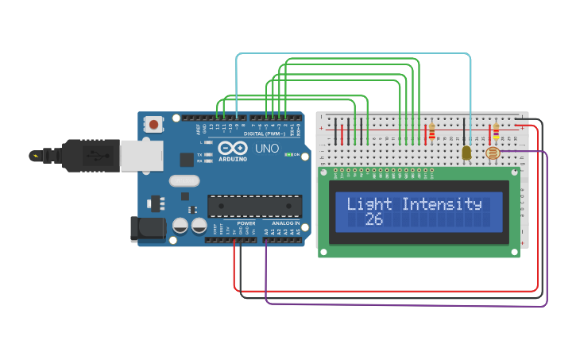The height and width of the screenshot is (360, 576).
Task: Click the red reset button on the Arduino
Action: [x=153, y=124]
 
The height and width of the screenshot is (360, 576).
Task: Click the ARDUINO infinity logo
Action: [x=230, y=149]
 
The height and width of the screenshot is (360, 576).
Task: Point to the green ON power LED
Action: [x=290, y=155]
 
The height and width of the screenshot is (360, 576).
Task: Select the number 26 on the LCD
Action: [x=374, y=219]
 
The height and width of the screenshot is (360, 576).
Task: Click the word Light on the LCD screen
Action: [x=369, y=203]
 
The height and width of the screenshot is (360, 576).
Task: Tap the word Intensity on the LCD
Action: [x=442, y=203]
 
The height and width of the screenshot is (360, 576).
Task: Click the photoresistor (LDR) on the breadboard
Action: [x=493, y=153]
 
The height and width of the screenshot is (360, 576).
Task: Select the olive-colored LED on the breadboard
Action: [x=466, y=152]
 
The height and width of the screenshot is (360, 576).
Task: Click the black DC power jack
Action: [x=147, y=229]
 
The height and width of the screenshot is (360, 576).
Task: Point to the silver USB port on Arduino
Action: [x=141, y=156]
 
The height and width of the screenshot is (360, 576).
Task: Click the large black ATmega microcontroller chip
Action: [x=254, y=206]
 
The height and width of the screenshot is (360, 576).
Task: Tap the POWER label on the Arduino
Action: [x=246, y=223]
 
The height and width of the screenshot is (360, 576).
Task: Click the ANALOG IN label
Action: [x=287, y=223]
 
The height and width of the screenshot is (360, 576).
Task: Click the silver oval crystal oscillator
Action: [x=184, y=180]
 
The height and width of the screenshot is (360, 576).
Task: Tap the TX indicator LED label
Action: [x=199, y=154]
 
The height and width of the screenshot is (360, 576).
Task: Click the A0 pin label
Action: [x=266, y=231]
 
